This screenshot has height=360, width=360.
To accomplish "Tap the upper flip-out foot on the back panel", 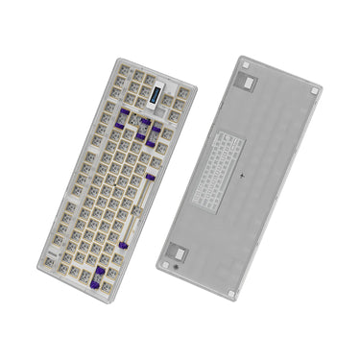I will pyautogui.click(x=247, y=84).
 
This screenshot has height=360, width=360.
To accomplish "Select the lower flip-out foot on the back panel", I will pyautogui.click(x=178, y=253).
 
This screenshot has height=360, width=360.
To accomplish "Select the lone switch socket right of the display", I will pyautogui.click(x=180, y=100).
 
